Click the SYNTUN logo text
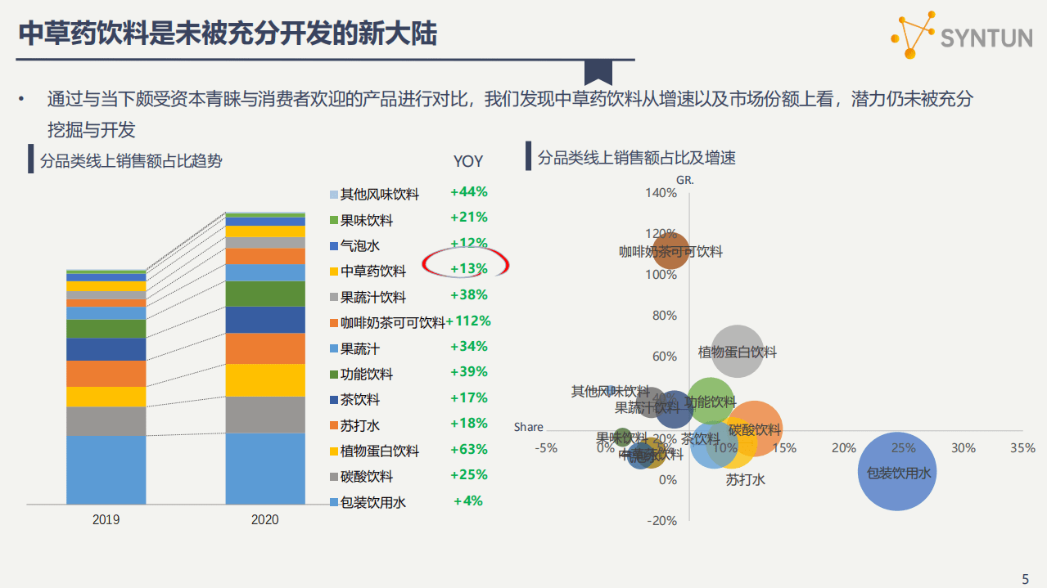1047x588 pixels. click(986, 38)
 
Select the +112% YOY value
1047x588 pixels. click(468, 321)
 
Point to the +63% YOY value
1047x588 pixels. click(468, 449)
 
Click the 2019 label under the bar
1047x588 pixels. click(106, 519)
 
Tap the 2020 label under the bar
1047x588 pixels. click(264, 519)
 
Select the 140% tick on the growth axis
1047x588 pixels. click(661, 193)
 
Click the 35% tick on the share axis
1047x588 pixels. click(1022, 448)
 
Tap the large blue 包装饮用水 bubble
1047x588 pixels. click(898, 471)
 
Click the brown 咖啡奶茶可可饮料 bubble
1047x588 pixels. click(670, 251)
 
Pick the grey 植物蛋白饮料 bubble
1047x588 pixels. click(738, 352)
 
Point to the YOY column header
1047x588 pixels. click(468, 162)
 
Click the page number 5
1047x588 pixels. click(1026, 578)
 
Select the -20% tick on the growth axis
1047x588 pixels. click(661, 521)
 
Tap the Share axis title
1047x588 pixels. click(528, 427)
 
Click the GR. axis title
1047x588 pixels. click(685, 177)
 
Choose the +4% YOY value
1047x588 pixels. click(468, 500)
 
